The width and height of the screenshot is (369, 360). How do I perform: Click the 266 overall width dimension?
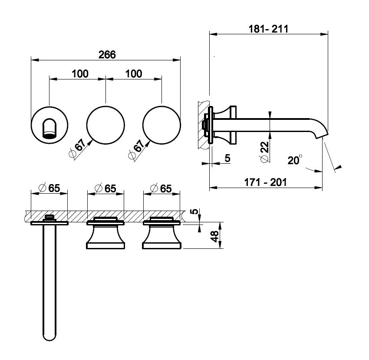click(107, 55)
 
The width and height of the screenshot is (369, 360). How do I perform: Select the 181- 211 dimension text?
click(268, 29)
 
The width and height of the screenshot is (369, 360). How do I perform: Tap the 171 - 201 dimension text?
click(265, 182)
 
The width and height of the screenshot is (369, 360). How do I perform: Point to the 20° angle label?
click(295, 160)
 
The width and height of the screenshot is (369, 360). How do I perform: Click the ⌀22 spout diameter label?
click(264, 152)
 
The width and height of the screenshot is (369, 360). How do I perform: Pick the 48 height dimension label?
click(214, 236)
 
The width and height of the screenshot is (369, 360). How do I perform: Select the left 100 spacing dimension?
click(80, 74)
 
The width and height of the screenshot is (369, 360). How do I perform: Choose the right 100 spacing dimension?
click(134, 74)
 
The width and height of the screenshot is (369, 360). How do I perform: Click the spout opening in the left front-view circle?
click(49, 128)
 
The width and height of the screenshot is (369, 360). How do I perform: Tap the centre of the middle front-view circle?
click(105, 125)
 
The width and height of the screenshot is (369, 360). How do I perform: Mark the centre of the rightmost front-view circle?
click(161, 125)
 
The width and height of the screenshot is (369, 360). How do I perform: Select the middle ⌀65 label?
click(105, 188)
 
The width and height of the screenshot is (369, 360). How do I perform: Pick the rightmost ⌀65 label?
click(161, 188)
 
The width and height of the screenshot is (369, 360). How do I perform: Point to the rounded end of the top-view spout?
click(49, 337)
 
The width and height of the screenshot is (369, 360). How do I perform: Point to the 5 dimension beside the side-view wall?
click(227, 158)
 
